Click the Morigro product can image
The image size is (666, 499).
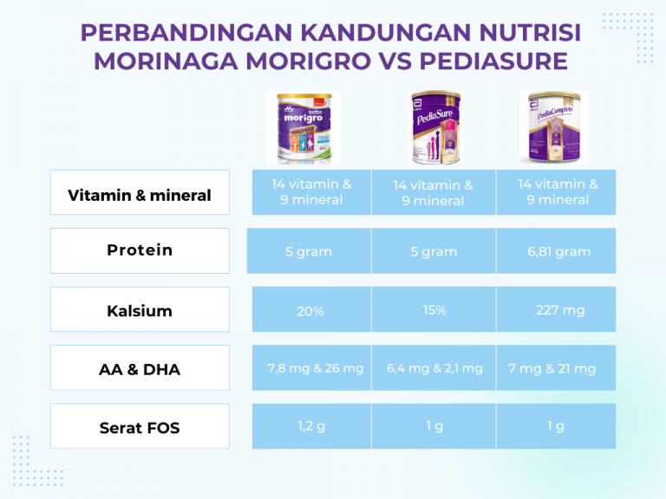302,127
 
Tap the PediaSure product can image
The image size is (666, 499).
434,127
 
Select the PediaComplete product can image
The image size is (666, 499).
553,127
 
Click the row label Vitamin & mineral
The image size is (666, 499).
140,195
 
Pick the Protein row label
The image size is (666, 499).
140,250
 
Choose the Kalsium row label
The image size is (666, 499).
140,310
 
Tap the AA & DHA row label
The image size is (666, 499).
140,369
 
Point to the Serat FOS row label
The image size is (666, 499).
140,427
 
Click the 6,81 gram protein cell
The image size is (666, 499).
558,251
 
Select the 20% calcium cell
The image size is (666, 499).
310,311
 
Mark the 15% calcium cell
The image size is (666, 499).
434,309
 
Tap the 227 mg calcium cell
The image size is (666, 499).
558,309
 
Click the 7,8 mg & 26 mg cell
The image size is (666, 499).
315,368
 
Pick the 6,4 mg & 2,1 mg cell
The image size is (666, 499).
434,368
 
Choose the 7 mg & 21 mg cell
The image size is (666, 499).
552,368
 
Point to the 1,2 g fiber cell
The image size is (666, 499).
310,425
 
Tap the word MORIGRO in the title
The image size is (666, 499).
291,62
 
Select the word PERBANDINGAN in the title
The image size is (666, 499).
186,33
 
